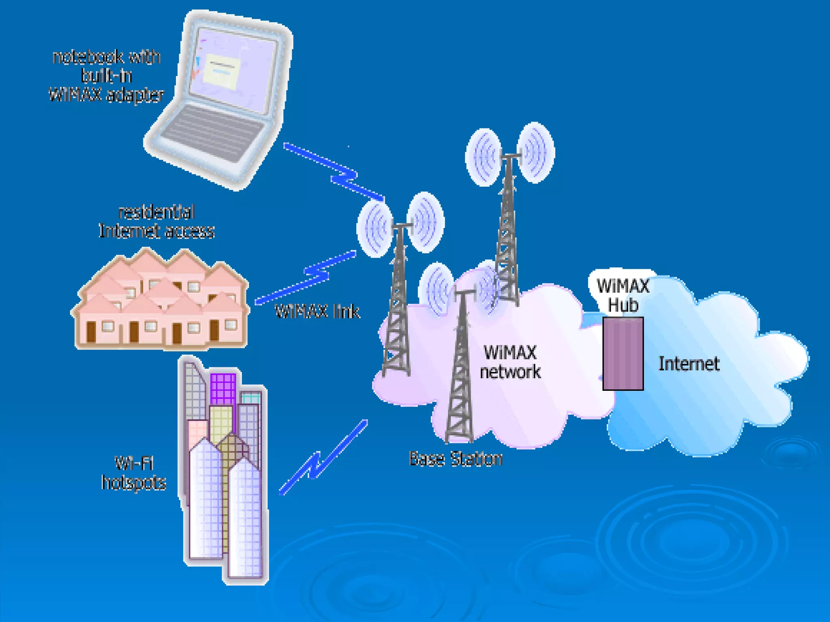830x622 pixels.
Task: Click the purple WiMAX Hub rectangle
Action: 623,354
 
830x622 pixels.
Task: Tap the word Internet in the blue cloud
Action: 689,364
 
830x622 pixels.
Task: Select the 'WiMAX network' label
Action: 510,362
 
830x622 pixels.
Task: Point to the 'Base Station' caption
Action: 456,459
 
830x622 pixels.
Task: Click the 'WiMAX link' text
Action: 317,311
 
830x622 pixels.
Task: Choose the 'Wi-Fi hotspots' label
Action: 134,473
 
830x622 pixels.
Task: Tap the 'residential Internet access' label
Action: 156,222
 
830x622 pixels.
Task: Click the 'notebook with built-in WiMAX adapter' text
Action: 107,76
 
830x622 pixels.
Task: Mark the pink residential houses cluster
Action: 160,300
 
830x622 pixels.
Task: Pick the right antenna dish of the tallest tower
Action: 536,153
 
